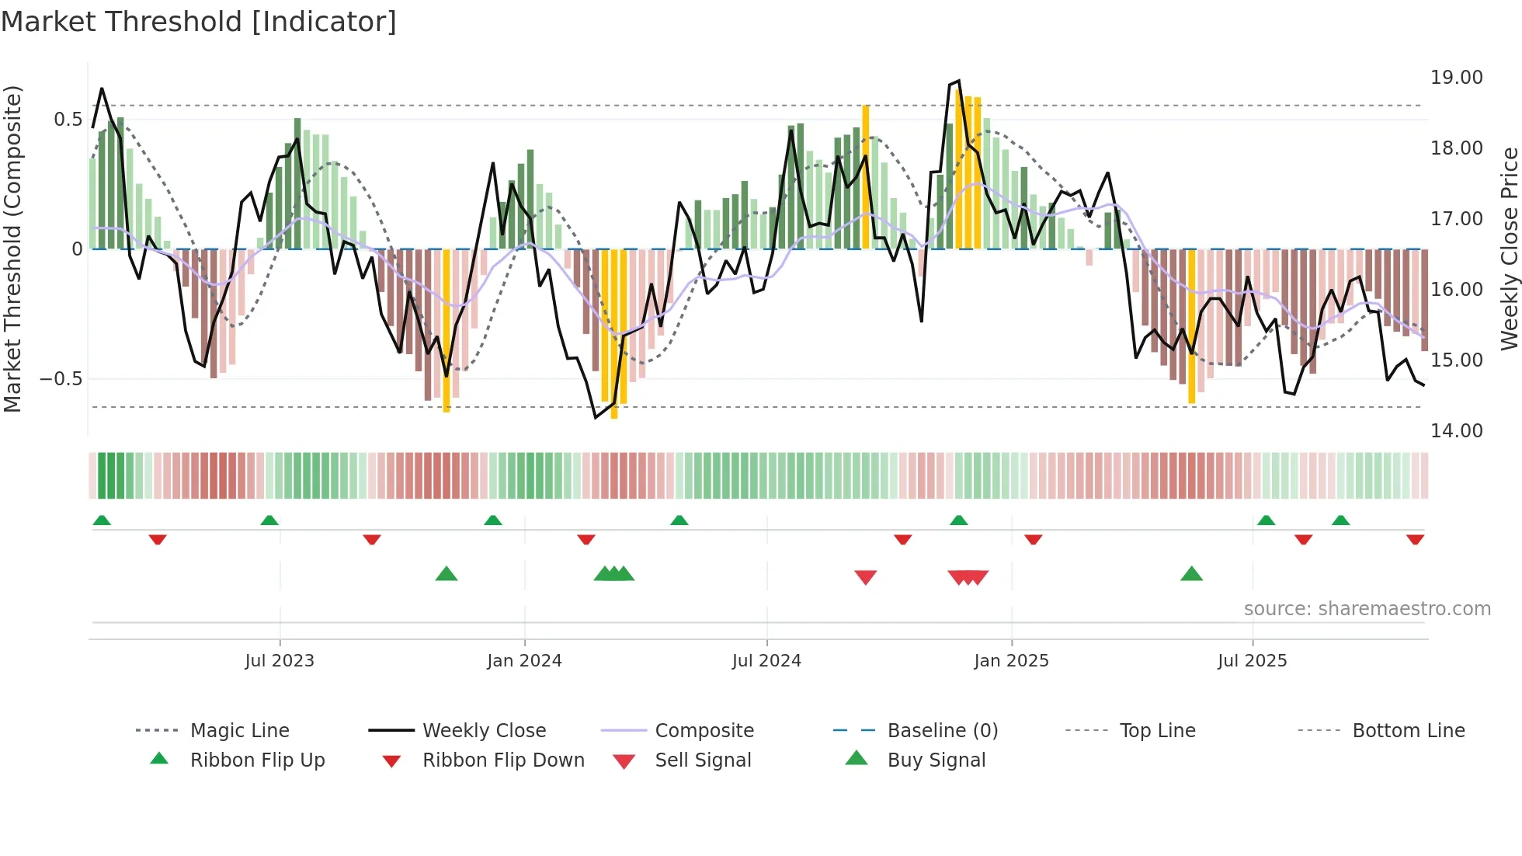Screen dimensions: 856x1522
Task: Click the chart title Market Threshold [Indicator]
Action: click(199, 22)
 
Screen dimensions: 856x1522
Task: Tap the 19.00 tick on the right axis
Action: click(1456, 78)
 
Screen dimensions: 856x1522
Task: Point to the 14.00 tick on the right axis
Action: click(1456, 431)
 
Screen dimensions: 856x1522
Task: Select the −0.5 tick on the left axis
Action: click(61, 379)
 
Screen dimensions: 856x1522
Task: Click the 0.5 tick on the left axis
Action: click(68, 120)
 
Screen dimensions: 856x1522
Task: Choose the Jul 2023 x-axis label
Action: click(280, 661)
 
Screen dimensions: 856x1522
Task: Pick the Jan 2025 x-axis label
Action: click(1011, 661)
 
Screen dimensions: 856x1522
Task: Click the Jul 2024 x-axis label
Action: click(766, 661)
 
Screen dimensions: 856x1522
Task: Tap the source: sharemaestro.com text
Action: click(1367, 609)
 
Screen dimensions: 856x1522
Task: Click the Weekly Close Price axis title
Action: click(1509, 249)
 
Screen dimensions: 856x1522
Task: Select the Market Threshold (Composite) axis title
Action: click(12, 249)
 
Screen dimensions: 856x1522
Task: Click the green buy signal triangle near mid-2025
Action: click(1191, 574)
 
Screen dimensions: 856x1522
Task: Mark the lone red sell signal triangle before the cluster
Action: click(865, 577)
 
